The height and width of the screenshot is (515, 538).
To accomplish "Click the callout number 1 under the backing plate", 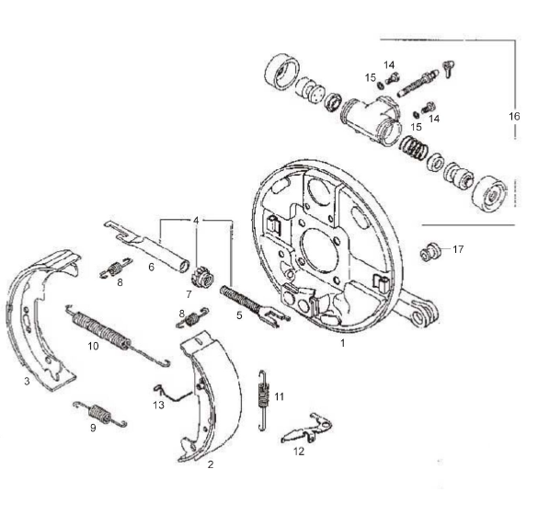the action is tap(342, 342).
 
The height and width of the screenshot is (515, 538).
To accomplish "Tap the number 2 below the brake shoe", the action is tap(211, 465).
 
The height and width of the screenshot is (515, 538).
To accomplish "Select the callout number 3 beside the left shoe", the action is tap(27, 380).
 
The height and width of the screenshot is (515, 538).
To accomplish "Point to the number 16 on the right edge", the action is tap(515, 117).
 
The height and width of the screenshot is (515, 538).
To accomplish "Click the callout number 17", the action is tap(458, 248).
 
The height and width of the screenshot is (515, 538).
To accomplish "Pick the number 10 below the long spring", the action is tap(93, 346).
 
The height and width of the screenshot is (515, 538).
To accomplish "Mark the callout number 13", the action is tap(158, 405).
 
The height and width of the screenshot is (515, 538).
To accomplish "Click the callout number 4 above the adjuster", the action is tap(195, 221).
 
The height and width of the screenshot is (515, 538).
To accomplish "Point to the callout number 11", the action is tap(279, 396).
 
